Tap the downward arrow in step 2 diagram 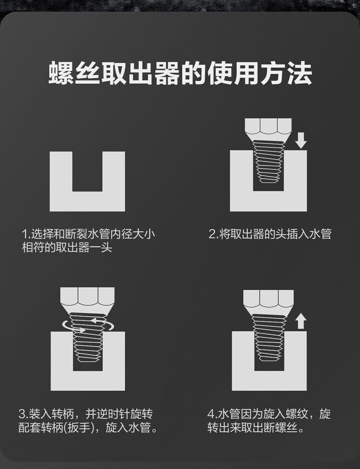point(301,141)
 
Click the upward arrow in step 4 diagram point(301,322)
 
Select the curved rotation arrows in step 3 point(88,325)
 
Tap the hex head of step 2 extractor point(268,127)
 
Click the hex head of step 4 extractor point(268,299)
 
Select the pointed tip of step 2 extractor point(268,180)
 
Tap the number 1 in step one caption point(24,234)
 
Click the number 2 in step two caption point(212,234)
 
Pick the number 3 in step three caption point(22,414)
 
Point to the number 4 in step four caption point(211,414)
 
